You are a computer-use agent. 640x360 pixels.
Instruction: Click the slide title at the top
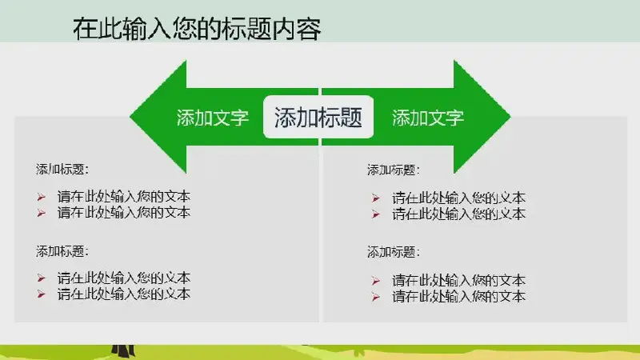(x=197, y=29)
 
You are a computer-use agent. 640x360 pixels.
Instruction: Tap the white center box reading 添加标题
(x=318, y=117)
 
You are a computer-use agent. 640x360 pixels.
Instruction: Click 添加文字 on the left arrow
(x=212, y=118)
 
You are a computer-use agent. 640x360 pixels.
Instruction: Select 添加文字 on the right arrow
(x=428, y=118)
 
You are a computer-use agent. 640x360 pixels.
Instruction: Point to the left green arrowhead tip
(x=130, y=117)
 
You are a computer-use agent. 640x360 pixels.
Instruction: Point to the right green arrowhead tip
(x=510, y=117)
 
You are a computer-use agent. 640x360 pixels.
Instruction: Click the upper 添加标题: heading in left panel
(x=62, y=169)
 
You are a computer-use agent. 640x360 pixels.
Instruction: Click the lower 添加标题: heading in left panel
(x=62, y=251)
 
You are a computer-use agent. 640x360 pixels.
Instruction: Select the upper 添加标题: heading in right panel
(x=393, y=170)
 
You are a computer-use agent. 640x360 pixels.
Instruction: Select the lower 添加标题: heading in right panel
(x=393, y=252)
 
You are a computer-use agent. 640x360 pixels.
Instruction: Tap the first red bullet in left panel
(x=42, y=197)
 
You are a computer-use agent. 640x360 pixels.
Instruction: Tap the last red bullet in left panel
(x=42, y=294)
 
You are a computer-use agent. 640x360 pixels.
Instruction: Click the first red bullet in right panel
(x=376, y=198)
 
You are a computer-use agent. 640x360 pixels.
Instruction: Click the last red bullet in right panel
(x=376, y=297)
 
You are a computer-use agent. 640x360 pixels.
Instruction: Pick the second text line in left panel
(x=124, y=212)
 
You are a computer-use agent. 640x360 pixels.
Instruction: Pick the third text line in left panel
(x=124, y=278)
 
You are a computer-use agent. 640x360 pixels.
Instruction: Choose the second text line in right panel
(x=458, y=214)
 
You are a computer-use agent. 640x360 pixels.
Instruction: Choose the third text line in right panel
(x=458, y=281)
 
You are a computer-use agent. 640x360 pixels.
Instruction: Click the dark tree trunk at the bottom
(x=123, y=350)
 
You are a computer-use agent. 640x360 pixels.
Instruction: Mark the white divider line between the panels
(x=321, y=204)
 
